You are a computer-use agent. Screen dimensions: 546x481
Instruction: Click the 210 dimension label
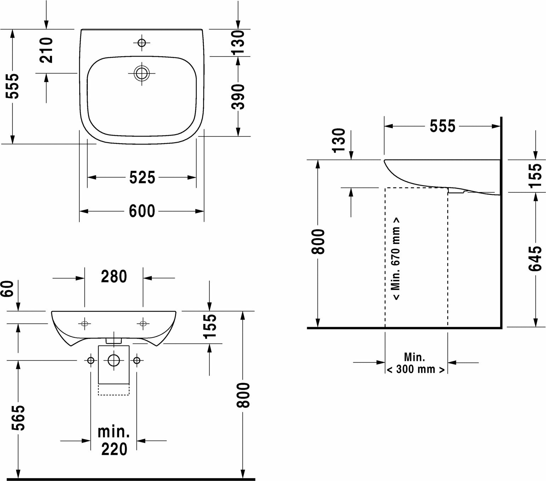point(46,50)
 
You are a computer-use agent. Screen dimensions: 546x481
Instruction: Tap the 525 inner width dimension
point(142,178)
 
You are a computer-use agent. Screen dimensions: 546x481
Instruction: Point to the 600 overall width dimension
point(142,211)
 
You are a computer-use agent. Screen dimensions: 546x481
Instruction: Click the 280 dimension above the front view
point(114,277)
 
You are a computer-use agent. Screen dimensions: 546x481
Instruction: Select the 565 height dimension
point(18,417)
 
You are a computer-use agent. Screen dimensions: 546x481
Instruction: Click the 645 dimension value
point(535,259)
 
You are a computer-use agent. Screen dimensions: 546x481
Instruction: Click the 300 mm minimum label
point(415,369)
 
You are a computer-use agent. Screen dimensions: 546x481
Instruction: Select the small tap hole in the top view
point(142,43)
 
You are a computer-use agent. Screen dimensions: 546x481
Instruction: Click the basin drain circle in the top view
point(142,73)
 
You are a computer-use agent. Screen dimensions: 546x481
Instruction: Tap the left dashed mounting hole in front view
point(85,323)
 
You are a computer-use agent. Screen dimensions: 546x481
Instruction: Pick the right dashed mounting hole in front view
point(143,323)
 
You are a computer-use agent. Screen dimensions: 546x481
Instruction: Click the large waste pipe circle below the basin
point(114,360)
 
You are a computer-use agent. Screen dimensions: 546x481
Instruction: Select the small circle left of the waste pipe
point(91,360)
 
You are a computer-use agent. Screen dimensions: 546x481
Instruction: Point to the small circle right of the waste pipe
point(137,360)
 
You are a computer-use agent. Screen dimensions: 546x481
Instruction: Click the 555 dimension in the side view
point(442,126)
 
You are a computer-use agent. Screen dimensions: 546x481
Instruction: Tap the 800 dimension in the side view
point(318,242)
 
